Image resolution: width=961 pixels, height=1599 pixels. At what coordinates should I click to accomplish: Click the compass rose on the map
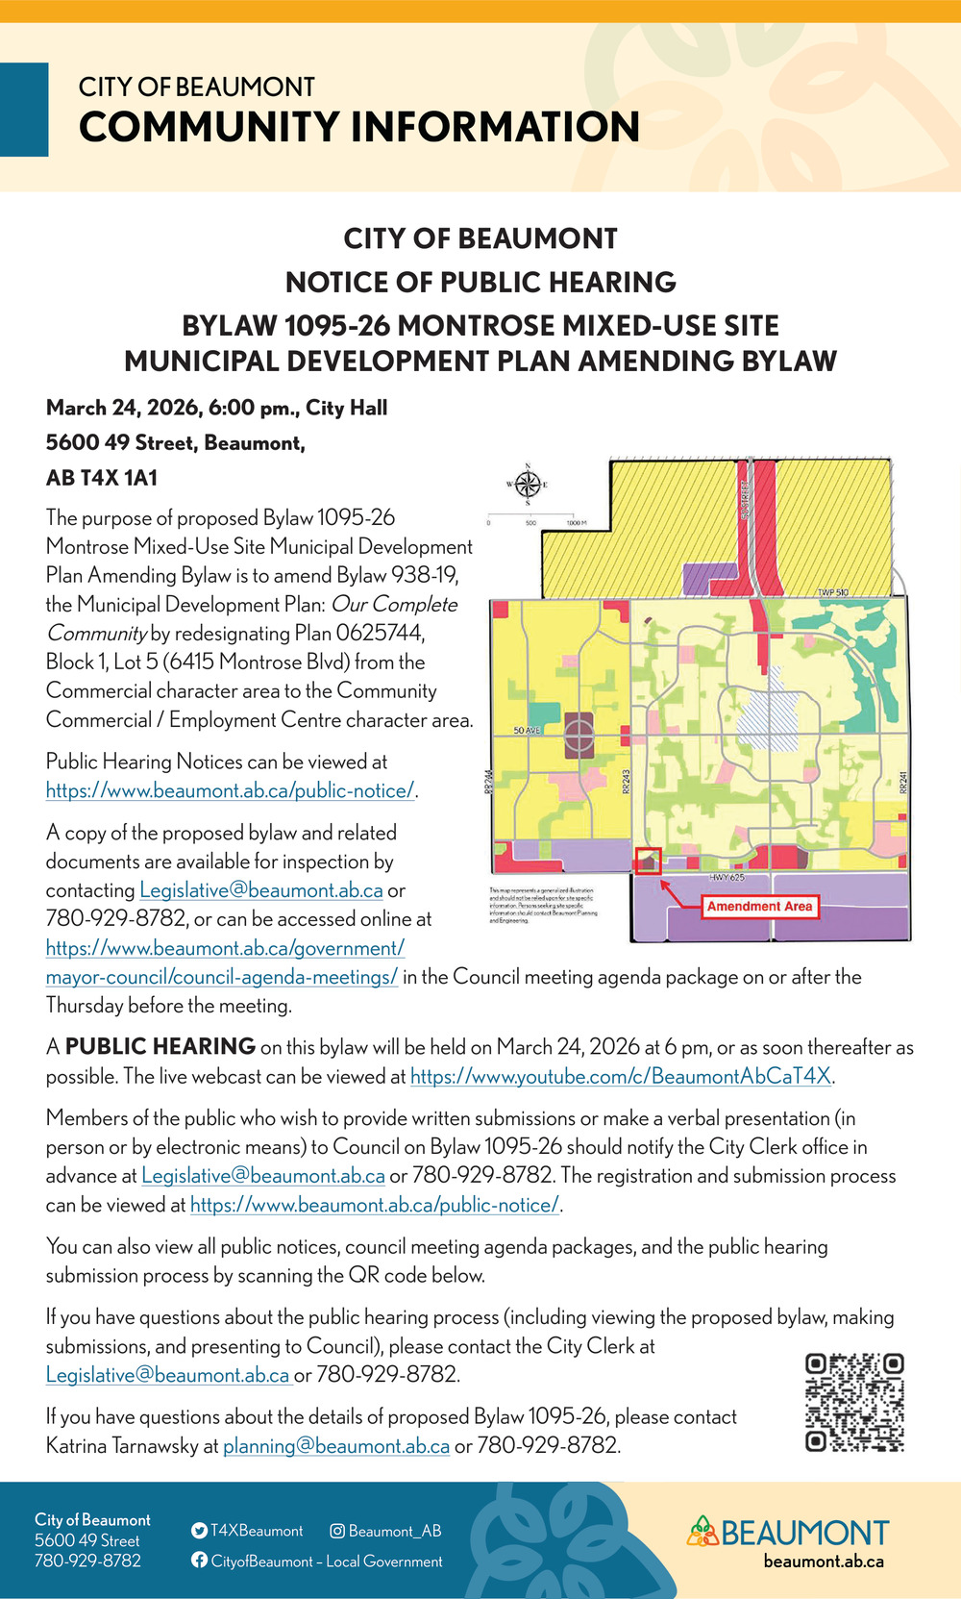click(x=528, y=484)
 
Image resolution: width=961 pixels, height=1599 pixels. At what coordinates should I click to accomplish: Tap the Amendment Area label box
click(x=759, y=906)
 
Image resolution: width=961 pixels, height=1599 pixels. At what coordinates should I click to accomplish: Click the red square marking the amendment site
click(x=649, y=860)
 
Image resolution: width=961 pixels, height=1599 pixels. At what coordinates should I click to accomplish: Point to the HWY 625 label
click(x=727, y=878)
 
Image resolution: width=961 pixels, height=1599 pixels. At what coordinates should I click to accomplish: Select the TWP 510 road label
click(x=832, y=592)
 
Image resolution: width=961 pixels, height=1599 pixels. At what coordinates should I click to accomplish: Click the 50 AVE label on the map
click(x=527, y=731)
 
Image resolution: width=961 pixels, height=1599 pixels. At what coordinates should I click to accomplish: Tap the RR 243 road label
click(x=626, y=782)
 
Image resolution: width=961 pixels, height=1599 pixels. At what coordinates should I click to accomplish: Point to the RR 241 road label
click(x=902, y=782)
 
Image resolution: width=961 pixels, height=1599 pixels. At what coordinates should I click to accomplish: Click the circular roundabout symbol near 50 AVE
click(x=579, y=736)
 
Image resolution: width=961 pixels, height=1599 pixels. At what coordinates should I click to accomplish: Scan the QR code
click(x=854, y=1402)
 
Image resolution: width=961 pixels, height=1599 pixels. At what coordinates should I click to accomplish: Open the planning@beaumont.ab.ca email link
click(x=336, y=1446)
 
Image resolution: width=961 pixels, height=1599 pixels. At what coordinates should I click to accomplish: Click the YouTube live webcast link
click(x=621, y=1077)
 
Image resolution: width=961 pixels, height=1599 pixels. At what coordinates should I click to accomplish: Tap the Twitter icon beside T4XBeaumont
click(x=199, y=1531)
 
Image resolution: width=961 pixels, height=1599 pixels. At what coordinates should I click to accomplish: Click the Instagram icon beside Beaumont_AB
click(x=337, y=1531)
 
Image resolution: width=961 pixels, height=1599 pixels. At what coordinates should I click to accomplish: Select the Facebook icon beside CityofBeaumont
click(x=199, y=1561)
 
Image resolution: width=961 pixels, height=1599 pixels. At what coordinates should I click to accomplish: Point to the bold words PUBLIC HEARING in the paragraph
click(x=160, y=1047)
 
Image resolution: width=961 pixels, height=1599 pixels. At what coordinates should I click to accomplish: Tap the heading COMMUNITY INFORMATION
click(x=359, y=127)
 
